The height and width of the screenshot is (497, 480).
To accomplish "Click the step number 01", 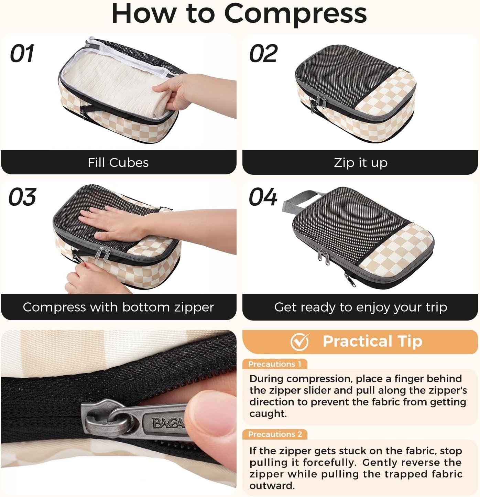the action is [22, 53].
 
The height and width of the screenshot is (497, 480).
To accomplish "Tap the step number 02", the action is [263, 53].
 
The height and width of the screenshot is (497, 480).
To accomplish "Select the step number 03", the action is [22, 197].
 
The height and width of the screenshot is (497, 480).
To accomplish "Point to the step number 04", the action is [263, 197].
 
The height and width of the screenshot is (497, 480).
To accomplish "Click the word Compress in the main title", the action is [295, 14].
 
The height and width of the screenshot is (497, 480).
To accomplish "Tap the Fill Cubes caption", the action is [118, 162].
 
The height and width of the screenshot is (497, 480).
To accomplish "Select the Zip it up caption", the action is [360, 163].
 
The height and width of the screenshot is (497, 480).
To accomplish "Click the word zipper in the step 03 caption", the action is [194, 307].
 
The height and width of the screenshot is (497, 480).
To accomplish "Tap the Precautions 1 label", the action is [275, 364].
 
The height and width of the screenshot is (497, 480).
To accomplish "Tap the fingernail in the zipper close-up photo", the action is [211, 407].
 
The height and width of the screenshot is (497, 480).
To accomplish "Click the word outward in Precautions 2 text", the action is [272, 486].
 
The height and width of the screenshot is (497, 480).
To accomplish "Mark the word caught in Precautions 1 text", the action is [268, 414].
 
